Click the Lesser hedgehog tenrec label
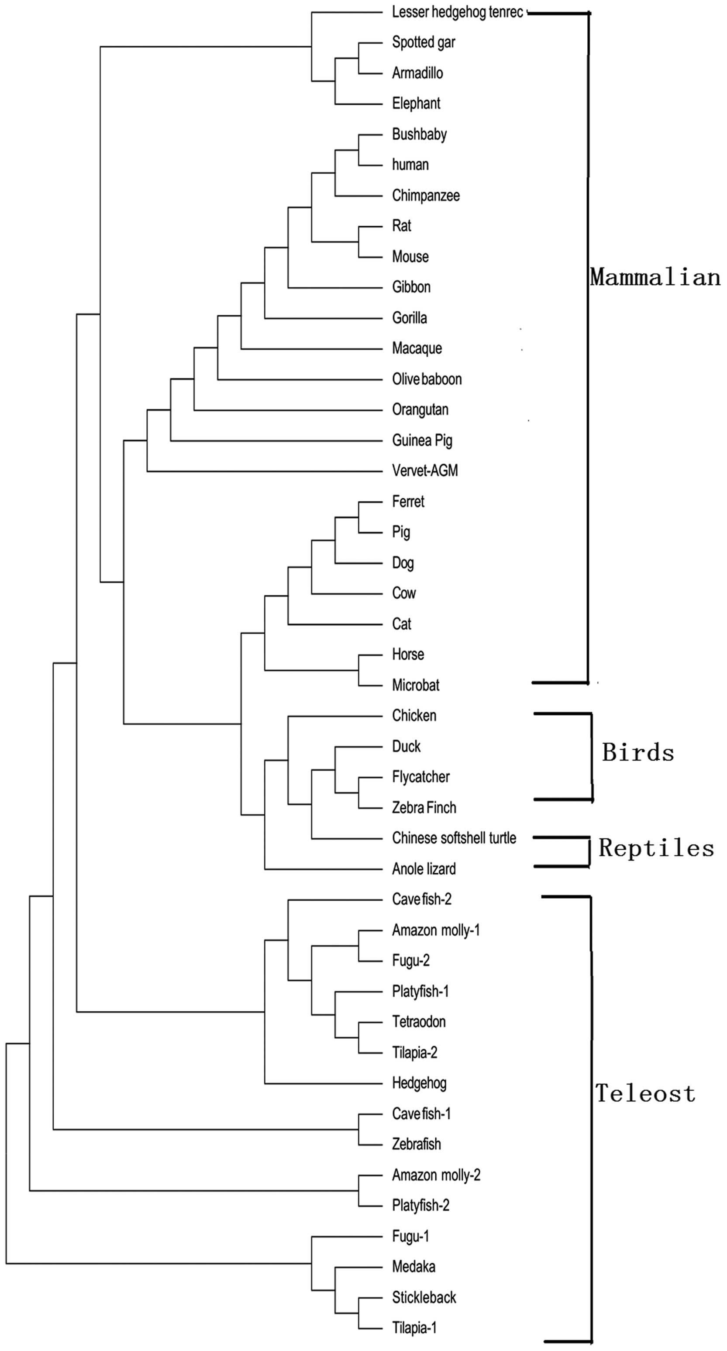(x=458, y=13)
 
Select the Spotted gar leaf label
(x=423, y=42)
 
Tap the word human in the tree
(x=410, y=165)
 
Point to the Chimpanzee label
(x=425, y=196)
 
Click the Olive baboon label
(x=427, y=379)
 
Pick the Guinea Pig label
(x=422, y=441)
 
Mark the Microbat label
(x=415, y=686)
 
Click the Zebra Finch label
(x=424, y=808)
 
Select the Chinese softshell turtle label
(x=454, y=838)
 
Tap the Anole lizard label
(x=424, y=869)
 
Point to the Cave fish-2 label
(x=421, y=900)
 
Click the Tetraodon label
(x=419, y=1022)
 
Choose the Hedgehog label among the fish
(x=419, y=1083)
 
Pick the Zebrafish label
(x=416, y=1144)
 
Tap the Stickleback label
(x=424, y=1297)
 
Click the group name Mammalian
(x=655, y=277)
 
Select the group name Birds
(x=638, y=753)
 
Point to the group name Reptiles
(x=656, y=848)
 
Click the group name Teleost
(x=645, y=1094)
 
